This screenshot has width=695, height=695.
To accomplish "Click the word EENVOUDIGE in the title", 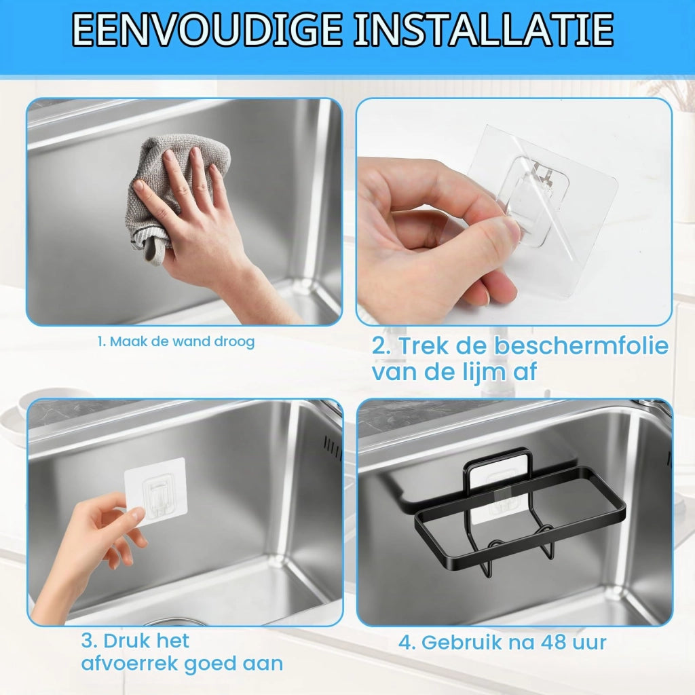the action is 206,30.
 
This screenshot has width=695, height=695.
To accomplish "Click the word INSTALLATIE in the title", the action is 484,30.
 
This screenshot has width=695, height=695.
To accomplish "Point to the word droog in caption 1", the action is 234,342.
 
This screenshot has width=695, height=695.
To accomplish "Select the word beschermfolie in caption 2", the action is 581,345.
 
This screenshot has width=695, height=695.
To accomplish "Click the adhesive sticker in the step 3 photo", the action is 155,491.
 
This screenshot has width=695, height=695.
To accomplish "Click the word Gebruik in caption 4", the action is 462,643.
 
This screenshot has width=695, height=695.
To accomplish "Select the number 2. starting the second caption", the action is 382,346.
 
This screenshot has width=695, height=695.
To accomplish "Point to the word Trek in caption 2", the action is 425,345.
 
